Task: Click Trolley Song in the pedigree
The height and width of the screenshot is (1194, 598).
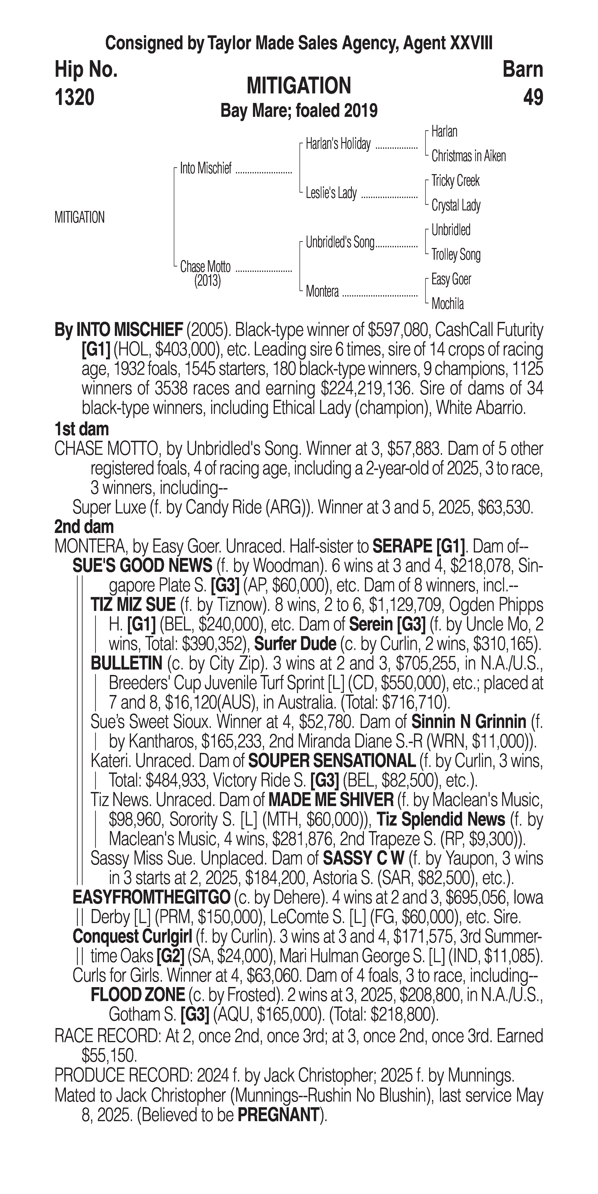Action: [456, 254]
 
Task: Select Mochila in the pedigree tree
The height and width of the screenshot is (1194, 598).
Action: [447, 304]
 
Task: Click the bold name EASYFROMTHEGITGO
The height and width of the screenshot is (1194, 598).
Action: [151, 898]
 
